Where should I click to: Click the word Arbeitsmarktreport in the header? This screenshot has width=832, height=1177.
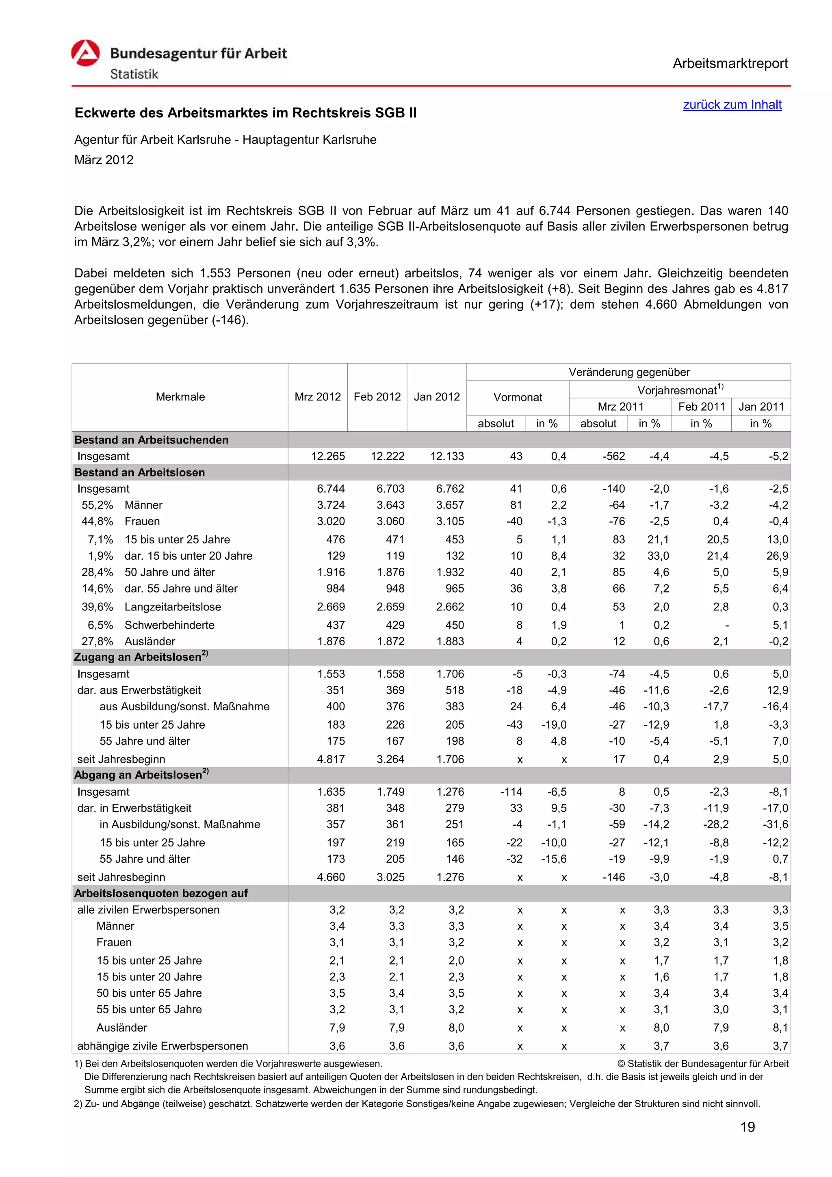pyautogui.click(x=730, y=64)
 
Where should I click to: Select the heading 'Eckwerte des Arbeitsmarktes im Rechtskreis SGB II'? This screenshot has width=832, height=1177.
pyautogui.click(x=245, y=113)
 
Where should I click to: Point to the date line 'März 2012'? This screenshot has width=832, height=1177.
pyautogui.click(x=104, y=160)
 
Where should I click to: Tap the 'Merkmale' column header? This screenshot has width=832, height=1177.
pyautogui.click(x=180, y=397)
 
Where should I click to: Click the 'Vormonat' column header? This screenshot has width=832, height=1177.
pyautogui.click(x=517, y=397)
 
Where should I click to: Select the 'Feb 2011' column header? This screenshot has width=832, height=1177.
pyautogui.click(x=701, y=407)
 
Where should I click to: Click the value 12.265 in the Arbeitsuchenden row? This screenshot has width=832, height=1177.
pyautogui.click(x=328, y=456)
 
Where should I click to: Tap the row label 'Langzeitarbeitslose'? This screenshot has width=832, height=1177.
pyautogui.click(x=173, y=606)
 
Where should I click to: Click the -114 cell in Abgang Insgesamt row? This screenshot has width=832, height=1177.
pyautogui.click(x=511, y=792)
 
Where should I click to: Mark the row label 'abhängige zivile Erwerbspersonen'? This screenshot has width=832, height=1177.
pyautogui.click(x=162, y=1046)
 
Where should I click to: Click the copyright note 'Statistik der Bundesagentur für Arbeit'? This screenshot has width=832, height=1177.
pyautogui.click(x=707, y=1064)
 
